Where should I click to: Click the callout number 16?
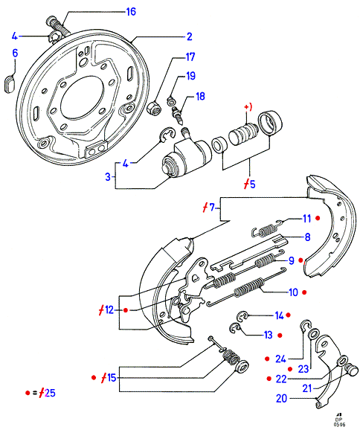point(131,12)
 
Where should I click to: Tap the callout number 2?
point(190,36)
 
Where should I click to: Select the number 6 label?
point(15,54)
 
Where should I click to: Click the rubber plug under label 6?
point(10,84)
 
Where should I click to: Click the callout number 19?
point(191,76)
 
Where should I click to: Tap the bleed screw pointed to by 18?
point(178,115)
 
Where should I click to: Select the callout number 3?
point(108,176)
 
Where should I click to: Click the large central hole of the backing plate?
point(82,98)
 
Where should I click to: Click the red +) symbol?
point(248,106)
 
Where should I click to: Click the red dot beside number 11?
point(318,218)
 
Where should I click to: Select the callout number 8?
point(307,237)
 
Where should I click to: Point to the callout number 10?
point(293,292)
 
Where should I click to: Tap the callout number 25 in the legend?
point(50,393)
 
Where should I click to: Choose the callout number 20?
point(282,398)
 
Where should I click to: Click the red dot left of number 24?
point(267,359)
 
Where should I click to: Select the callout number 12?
point(109,310)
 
